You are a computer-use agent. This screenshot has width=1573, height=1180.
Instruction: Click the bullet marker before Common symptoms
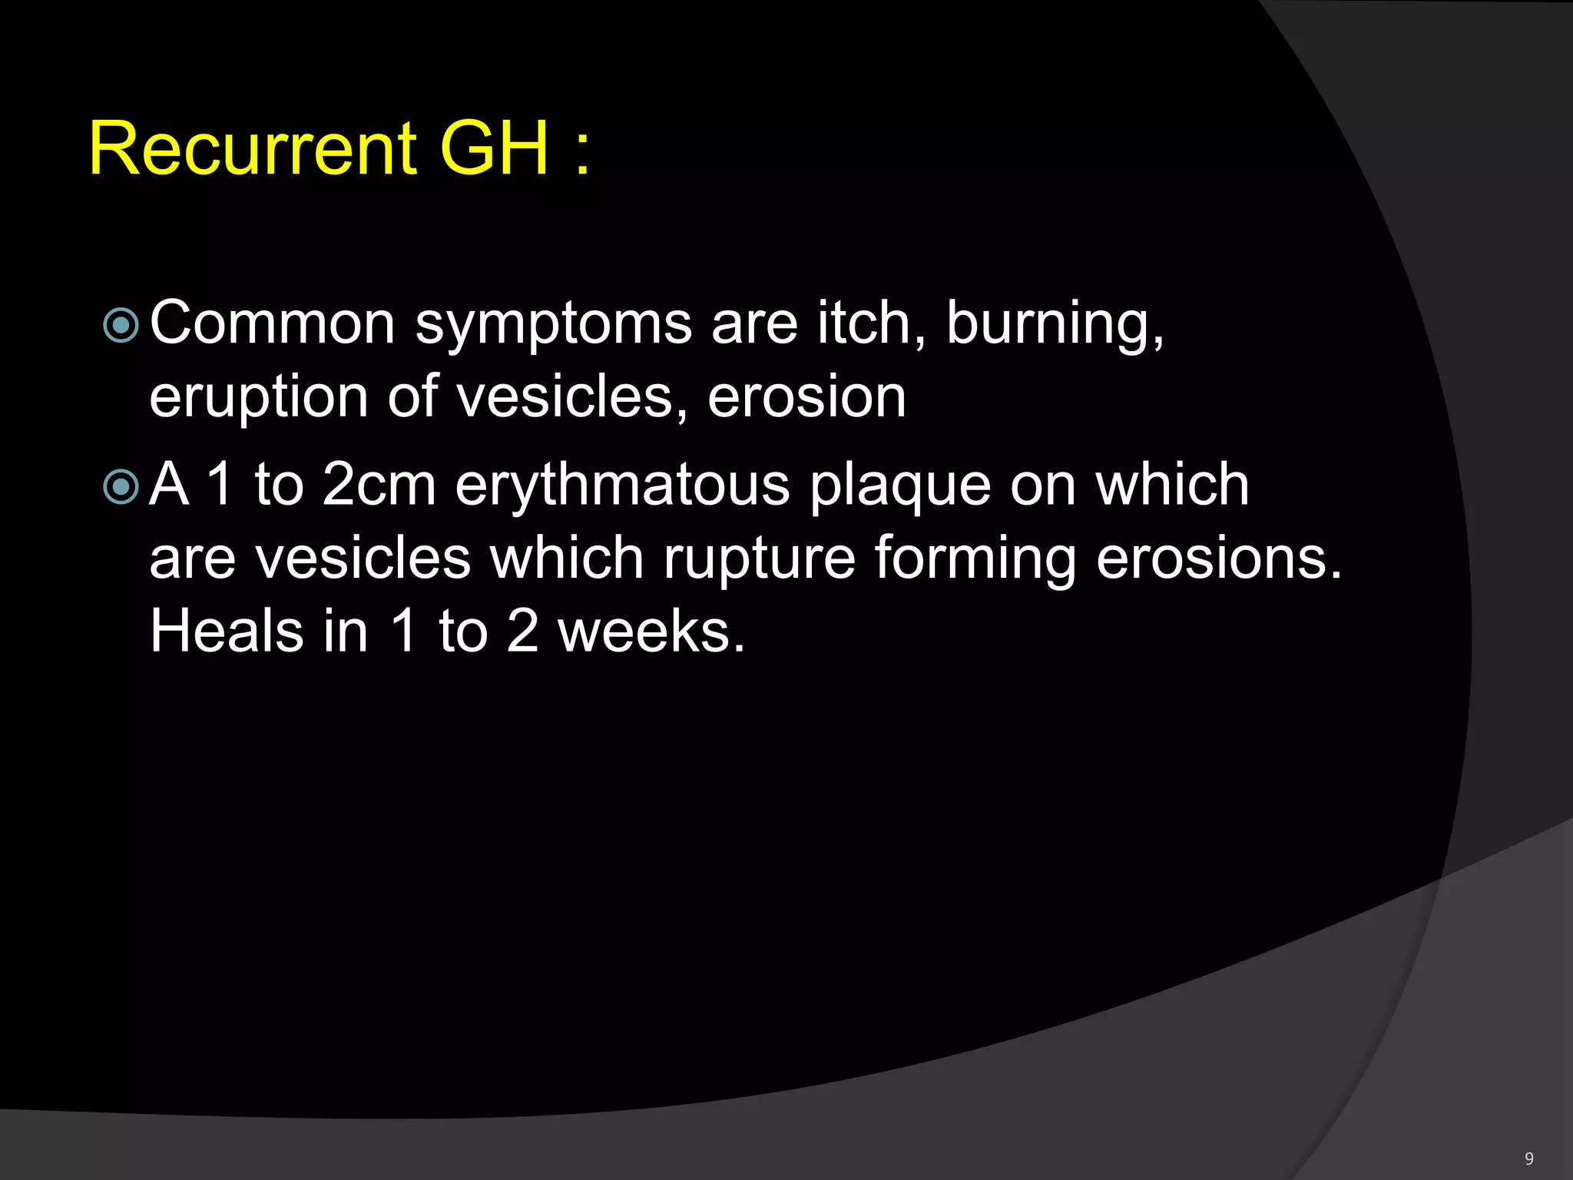click(121, 325)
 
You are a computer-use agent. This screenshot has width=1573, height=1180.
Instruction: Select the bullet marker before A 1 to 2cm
click(121, 486)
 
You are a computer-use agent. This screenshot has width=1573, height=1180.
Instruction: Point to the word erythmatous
click(622, 486)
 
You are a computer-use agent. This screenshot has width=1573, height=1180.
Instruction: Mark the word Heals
click(227, 631)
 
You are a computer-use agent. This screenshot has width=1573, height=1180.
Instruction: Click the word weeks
click(651, 632)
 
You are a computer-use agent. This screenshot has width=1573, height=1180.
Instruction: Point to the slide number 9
click(1529, 1158)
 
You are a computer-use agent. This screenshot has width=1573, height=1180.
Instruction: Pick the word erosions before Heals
click(1218, 559)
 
